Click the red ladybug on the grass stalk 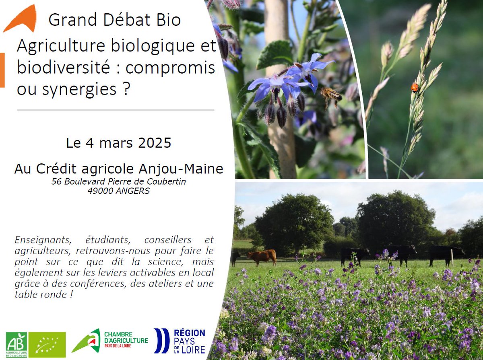tap(415, 87)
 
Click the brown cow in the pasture tap(262, 256)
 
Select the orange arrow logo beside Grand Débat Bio tap(21, 19)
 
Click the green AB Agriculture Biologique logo tap(17, 344)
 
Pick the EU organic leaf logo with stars tap(47, 344)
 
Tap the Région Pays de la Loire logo tap(180, 341)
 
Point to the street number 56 tap(57, 182)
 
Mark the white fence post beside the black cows tap(452, 258)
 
